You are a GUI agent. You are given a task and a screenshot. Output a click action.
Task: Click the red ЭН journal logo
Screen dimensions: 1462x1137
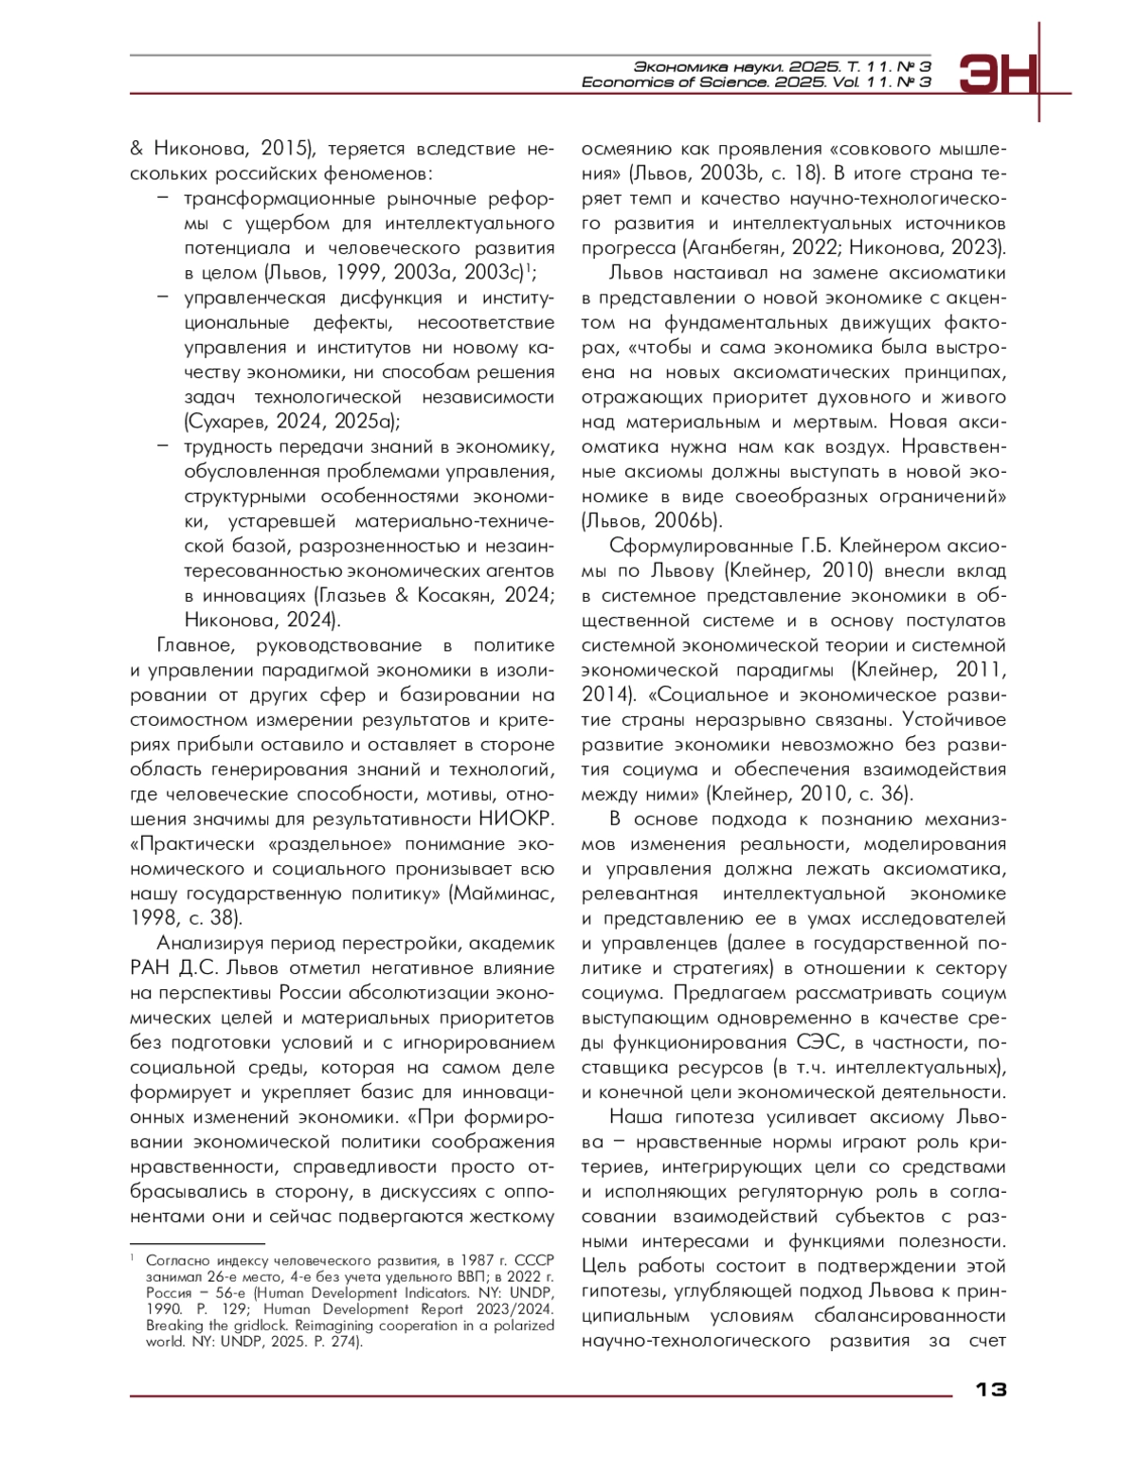998,74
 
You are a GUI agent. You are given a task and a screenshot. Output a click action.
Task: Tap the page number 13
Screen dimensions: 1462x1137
990,1389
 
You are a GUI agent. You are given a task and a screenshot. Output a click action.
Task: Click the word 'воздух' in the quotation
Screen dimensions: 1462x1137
853,447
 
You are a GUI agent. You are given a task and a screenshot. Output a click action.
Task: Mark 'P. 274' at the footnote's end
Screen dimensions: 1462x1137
336,1342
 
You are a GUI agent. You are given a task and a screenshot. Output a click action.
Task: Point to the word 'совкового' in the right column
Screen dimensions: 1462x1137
888,150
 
